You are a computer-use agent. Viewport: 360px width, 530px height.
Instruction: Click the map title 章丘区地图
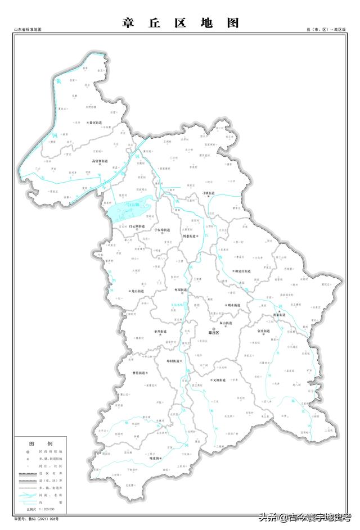point(180,23)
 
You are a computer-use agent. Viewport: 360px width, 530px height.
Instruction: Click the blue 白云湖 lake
point(130,210)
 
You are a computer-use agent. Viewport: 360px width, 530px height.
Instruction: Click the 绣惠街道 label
point(190,237)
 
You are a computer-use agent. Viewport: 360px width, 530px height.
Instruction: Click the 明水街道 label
point(232,305)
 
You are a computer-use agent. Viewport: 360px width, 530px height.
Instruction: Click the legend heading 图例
point(41,443)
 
